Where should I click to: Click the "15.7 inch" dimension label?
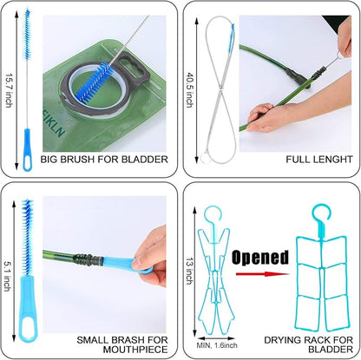(x=10, y=91)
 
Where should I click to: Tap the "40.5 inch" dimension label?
(x=189, y=90)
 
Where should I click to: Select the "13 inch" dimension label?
(x=189, y=271)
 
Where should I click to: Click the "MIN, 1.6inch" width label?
(x=217, y=345)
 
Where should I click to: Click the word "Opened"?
(x=260, y=257)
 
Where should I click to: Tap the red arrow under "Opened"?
(x=262, y=274)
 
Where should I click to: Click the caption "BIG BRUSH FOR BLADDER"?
(x=104, y=160)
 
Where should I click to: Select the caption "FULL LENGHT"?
(x=319, y=160)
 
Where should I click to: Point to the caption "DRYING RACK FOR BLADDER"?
(x=308, y=344)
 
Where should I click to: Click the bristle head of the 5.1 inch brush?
(x=28, y=237)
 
